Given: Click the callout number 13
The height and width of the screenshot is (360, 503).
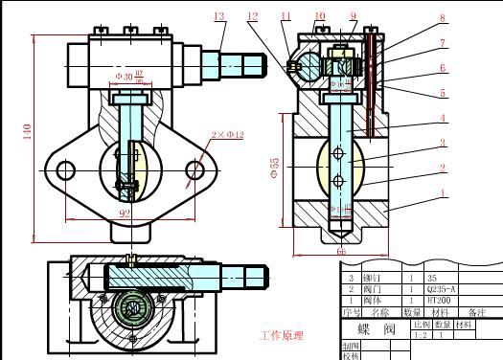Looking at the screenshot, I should point(219,16).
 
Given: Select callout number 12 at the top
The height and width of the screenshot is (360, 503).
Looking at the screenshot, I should point(252,16).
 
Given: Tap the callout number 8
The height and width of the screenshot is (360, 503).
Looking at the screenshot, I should point(442,18).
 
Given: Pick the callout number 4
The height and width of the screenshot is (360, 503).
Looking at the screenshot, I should point(443,119).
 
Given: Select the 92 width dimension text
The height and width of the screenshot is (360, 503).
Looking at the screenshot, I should point(124,214).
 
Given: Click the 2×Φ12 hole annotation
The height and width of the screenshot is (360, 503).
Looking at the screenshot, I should point(227,135).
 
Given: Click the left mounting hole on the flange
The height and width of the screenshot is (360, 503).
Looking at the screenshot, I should point(65,170).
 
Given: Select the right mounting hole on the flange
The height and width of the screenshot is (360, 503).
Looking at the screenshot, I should point(195,170).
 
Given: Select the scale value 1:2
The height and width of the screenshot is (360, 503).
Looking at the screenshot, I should point(420,335).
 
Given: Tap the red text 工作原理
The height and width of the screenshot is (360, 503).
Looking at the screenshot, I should point(282,336).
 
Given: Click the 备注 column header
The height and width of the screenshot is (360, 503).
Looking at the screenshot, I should point(476,312).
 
